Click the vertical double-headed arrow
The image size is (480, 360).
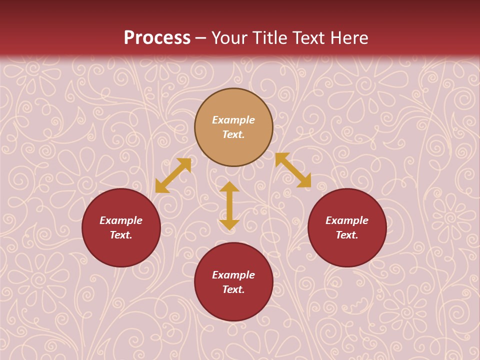[229, 205]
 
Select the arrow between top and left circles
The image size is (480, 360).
[173, 175]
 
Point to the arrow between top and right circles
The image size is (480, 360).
[293, 170]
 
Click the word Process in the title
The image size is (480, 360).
[157, 37]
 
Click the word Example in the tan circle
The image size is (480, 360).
[233, 120]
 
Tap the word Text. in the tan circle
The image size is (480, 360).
[233, 134]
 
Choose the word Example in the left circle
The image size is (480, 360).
[121, 220]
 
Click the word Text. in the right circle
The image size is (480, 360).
[347, 235]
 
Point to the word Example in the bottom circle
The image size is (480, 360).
[233, 275]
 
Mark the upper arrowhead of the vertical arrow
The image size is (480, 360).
[229, 186]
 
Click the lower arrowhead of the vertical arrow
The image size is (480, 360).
[229, 224]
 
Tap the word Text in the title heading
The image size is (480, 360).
[308, 37]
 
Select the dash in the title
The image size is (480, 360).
[201, 38]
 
